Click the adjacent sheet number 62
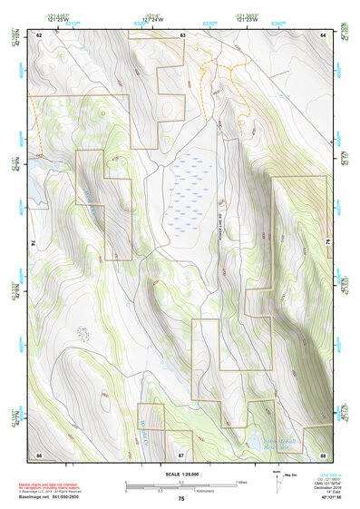(39, 34)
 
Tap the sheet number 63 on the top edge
(182, 34)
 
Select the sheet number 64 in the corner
(324, 34)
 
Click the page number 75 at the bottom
(181, 499)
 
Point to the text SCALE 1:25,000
(181, 474)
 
